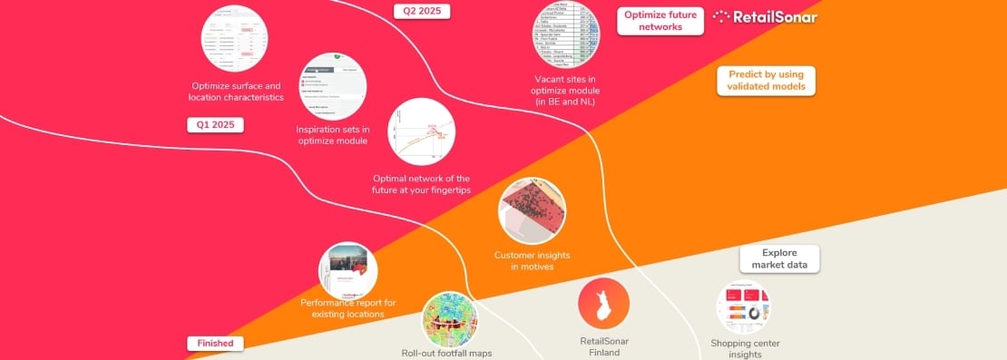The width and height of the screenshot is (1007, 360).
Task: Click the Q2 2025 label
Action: (x=422, y=12)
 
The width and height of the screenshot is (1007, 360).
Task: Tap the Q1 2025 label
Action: (x=215, y=125)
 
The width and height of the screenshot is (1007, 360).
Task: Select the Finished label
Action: (x=216, y=344)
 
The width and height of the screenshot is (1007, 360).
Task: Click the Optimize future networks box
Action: (x=661, y=21)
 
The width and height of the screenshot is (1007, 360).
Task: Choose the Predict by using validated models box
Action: (x=766, y=80)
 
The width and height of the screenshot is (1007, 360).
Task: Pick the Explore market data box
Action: (x=779, y=258)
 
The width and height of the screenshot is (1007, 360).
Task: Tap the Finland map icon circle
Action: (x=604, y=303)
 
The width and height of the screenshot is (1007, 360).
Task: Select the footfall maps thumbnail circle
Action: (x=450, y=318)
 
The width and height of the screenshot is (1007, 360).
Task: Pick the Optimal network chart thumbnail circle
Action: (x=420, y=131)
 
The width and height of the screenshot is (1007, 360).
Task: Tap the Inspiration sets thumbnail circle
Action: (x=332, y=87)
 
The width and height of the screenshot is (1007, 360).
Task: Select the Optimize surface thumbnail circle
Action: (x=235, y=38)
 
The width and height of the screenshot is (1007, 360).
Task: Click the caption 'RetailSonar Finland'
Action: (x=604, y=347)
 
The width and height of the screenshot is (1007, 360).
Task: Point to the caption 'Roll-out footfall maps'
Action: (x=446, y=353)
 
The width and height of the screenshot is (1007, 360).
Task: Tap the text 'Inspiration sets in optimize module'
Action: (x=332, y=135)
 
